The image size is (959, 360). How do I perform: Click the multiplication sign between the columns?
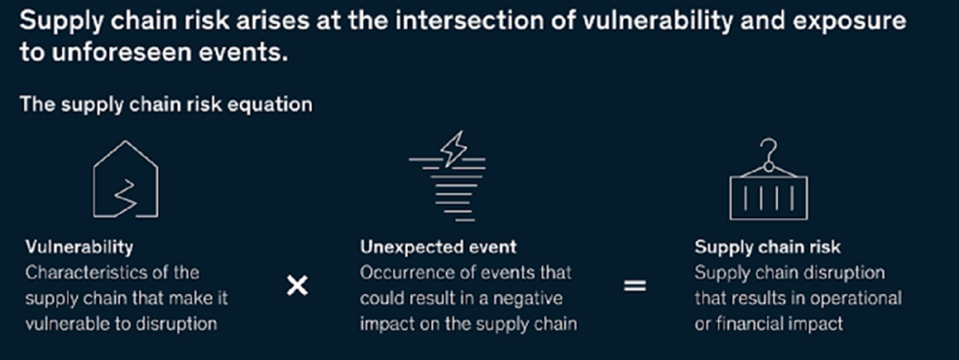pyautogui.click(x=297, y=286)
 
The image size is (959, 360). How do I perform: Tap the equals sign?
pyautogui.click(x=635, y=286)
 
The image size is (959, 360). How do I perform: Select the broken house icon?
pyautogui.click(x=126, y=179)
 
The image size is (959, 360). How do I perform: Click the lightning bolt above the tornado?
pyautogui.click(x=454, y=148)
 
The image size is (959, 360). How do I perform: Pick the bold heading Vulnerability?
pyautogui.click(x=79, y=247)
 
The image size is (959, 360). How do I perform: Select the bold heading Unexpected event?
pyautogui.click(x=438, y=247)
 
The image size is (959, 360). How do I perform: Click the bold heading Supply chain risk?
pyautogui.click(x=767, y=247)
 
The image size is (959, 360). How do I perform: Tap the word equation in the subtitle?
pyautogui.click(x=270, y=105)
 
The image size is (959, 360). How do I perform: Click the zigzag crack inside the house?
pyautogui.click(x=125, y=197)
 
